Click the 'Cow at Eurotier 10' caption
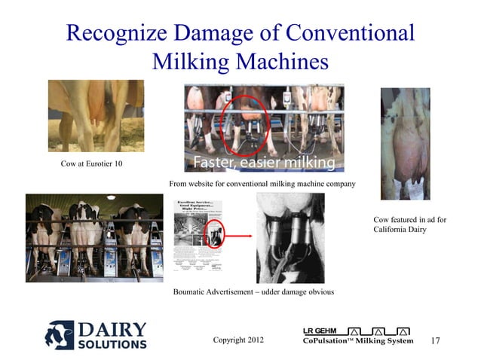click(91, 164)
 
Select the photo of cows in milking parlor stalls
click(94, 238)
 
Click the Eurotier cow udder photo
click(96, 115)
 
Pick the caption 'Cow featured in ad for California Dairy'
click(409, 224)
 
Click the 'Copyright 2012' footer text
click(239, 340)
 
